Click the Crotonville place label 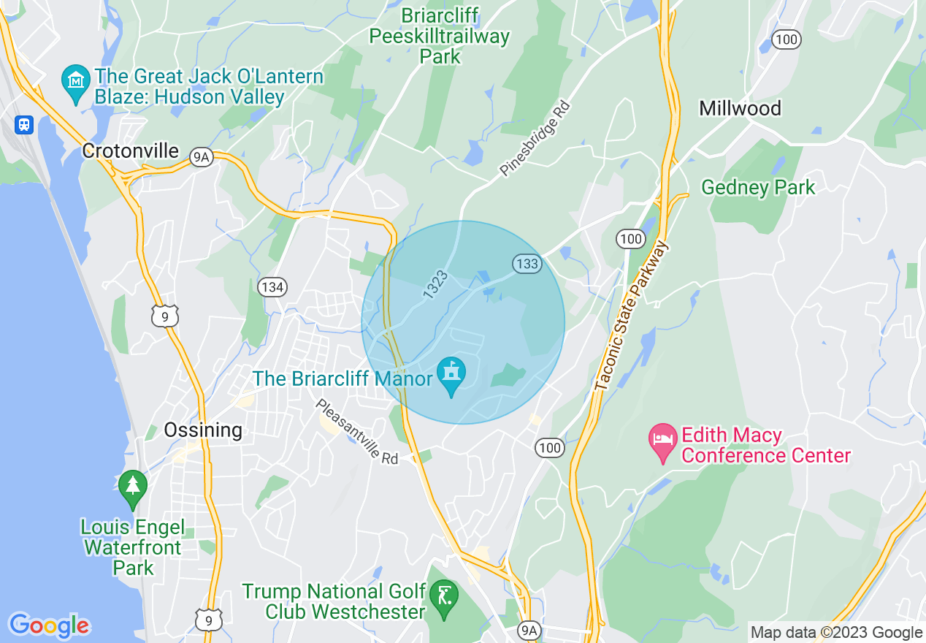(x=130, y=151)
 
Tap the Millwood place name (x=740, y=109)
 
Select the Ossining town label (x=202, y=430)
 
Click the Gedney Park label (x=758, y=188)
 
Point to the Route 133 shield (x=526, y=264)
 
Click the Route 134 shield (x=272, y=287)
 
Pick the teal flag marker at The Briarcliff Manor (x=451, y=375)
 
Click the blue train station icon (x=25, y=124)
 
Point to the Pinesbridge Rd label (x=535, y=140)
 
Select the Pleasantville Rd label (x=356, y=432)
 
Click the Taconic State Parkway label (x=632, y=317)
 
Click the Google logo (x=49, y=625)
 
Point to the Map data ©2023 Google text (x=836, y=633)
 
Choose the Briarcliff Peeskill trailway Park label (x=440, y=36)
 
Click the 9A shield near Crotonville (x=202, y=157)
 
